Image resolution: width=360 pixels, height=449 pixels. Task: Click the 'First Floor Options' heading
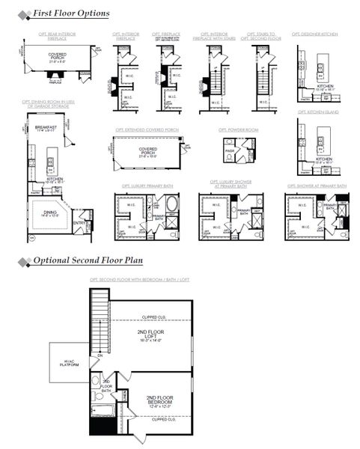[x=72, y=13]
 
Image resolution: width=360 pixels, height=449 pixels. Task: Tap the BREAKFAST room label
[x=46, y=128]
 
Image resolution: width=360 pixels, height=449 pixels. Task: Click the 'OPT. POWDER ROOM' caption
[x=238, y=129]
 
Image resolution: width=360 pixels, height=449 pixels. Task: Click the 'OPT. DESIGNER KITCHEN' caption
[x=315, y=34]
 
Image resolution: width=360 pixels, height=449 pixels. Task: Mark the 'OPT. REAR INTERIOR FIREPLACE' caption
[x=58, y=36]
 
